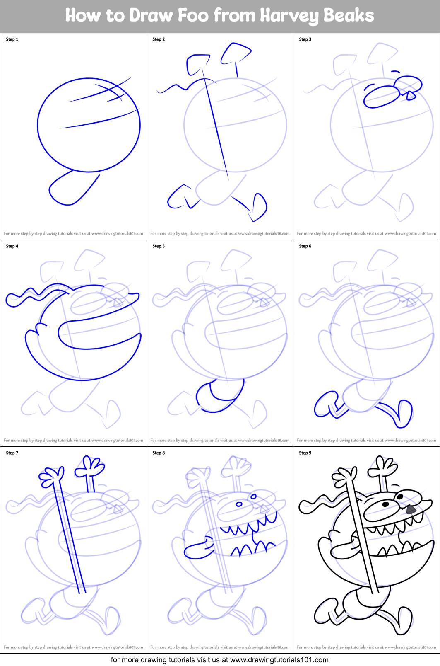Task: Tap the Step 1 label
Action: pyautogui.click(x=12, y=39)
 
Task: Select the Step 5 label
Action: pyautogui.click(x=159, y=246)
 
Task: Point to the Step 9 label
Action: pyautogui.click(x=305, y=453)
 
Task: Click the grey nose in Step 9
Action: pyautogui.click(x=411, y=509)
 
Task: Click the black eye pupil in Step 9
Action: pyautogui.click(x=385, y=504)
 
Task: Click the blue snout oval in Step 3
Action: pyautogui.click(x=381, y=97)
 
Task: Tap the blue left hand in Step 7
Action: pyautogui.click(x=52, y=475)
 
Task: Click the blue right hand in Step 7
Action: pyautogui.click(x=90, y=466)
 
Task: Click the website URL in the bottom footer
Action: pyautogui.click(x=279, y=659)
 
